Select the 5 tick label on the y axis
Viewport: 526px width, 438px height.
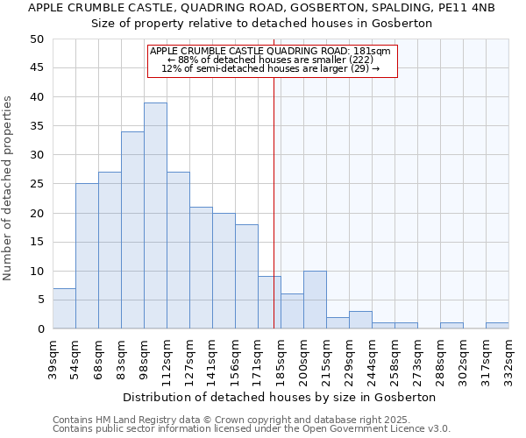pos(39,300)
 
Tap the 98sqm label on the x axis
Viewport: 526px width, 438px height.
pos(144,358)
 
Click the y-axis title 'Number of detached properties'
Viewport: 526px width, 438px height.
pos(8,188)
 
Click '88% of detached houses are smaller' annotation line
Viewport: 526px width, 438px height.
pos(271,60)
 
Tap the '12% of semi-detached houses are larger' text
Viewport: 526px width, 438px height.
pos(271,68)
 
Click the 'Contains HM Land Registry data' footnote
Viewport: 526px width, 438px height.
pos(237,420)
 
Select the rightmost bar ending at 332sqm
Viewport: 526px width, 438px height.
pos(497,325)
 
